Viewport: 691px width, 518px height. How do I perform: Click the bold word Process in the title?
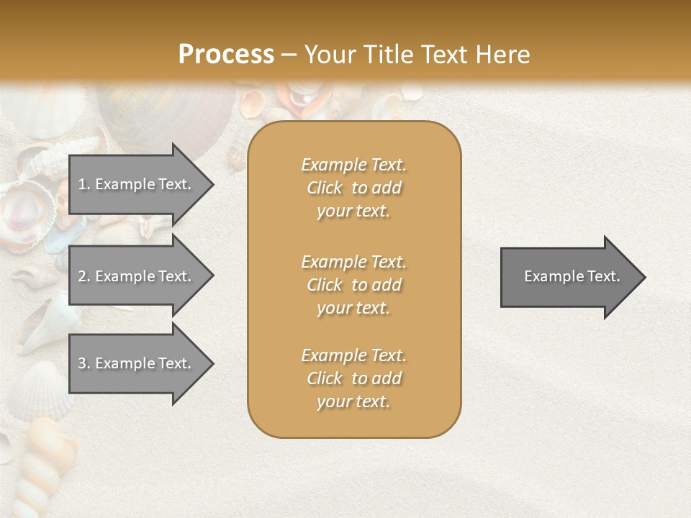(226, 55)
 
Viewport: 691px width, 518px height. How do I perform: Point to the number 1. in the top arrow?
(84, 184)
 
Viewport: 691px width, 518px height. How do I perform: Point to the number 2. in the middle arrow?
(84, 276)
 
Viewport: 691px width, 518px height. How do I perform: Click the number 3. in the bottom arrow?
(84, 363)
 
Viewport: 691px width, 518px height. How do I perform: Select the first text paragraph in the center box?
(353, 188)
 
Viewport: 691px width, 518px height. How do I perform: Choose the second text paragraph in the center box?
(353, 285)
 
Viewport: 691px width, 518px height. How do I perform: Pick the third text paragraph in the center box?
(353, 378)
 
